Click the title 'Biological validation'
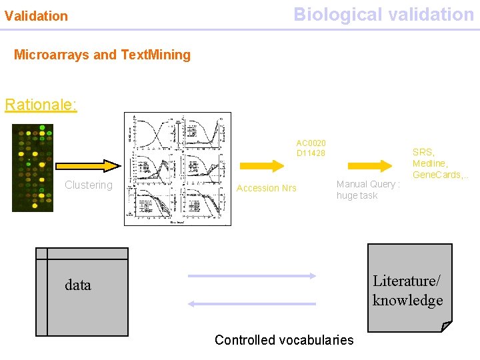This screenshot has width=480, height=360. tap(383, 15)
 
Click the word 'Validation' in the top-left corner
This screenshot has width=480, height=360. tap(36, 16)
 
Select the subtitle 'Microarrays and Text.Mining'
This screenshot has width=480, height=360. tap(102, 55)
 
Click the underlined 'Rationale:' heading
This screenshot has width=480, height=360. tap(41, 105)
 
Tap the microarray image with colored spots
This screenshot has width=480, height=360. tap(33, 168)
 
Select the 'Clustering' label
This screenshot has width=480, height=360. tap(89, 185)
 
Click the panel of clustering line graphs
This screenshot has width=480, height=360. tap(177, 169)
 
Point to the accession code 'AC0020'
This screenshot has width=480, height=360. tap(311, 143)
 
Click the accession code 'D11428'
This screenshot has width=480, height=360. tap(311, 153)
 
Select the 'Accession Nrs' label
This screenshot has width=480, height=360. tap(267, 188)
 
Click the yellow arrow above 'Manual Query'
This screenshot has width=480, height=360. tap(390, 165)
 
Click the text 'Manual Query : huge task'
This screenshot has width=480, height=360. tap(367, 190)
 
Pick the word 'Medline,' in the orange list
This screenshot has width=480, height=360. tap(430, 163)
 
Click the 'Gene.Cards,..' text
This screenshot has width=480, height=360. tap(440, 175)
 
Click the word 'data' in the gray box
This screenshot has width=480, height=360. tap(78, 285)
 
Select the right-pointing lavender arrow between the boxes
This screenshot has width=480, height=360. tap(251, 275)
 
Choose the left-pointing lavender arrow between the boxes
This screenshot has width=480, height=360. tap(251, 303)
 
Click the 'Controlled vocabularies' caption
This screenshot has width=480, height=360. tap(284, 340)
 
